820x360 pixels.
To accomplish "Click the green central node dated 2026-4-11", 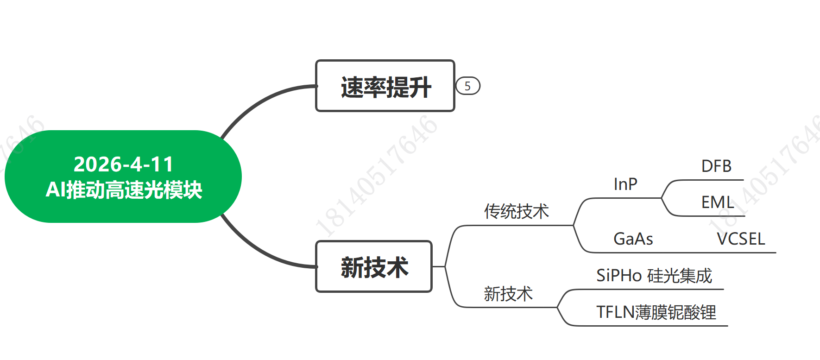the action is [x=123, y=177].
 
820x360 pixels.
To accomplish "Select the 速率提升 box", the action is [x=385, y=86].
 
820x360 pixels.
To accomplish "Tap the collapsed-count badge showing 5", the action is [x=468, y=86].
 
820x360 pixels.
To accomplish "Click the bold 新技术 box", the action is [x=374, y=266].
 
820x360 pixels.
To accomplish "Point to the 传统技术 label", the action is [x=516, y=211].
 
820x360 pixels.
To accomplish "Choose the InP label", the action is [x=625, y=184].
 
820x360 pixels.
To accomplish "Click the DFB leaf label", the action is [x=716, y=166].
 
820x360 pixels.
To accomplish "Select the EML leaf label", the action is [x=718, y=202].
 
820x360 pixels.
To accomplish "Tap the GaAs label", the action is [x=633, y=239].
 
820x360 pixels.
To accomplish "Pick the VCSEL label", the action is [x=741, y=239].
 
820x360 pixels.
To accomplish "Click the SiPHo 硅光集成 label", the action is [x=654, y=276].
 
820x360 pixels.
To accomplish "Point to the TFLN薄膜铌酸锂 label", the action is [x=656, y=312].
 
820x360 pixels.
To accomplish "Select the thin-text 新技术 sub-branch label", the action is [x=508, y=294].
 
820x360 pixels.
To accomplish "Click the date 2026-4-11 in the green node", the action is [x=123, y=164].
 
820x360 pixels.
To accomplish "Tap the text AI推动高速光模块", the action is [x=124, y=189].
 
